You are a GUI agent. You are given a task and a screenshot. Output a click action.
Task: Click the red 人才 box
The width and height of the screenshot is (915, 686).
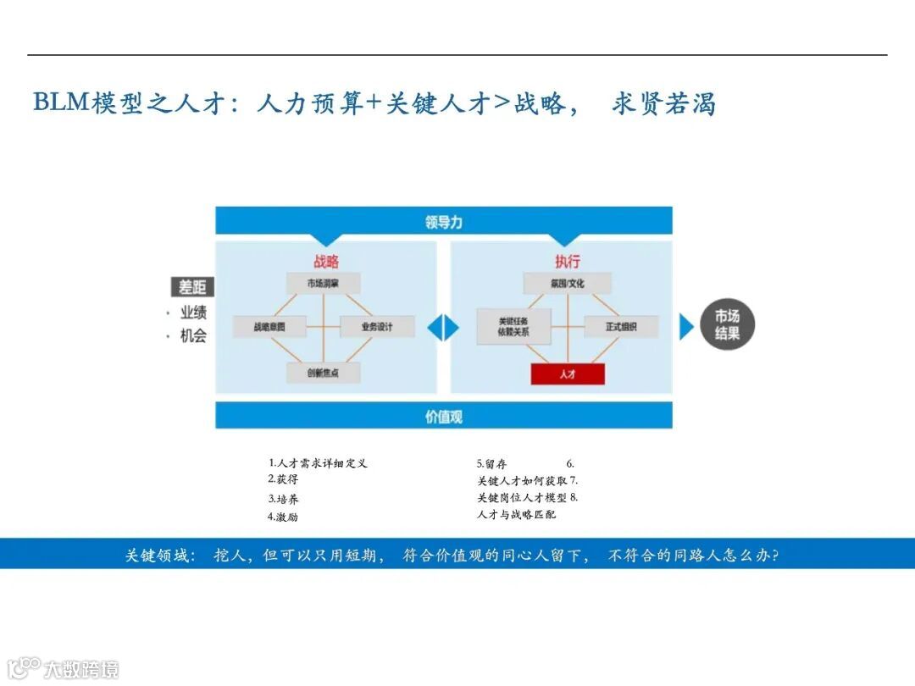click(568, 373)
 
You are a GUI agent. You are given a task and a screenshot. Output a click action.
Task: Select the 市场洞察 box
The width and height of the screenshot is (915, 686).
click(323, 283)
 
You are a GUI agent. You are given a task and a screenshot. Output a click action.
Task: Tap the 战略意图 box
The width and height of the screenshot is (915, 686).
click(269, 326)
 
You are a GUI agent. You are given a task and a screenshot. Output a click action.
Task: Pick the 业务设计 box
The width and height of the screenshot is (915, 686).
click(377, 326)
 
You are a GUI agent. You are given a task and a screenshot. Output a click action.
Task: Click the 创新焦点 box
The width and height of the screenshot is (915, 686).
click(323, 373)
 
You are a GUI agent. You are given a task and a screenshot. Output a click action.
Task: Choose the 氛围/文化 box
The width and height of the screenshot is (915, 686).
click(567, 283)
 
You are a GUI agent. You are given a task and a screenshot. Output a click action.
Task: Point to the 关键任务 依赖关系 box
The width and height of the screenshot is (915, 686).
click(513, 326)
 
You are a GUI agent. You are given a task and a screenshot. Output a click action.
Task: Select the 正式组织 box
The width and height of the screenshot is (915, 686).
click(621, 326)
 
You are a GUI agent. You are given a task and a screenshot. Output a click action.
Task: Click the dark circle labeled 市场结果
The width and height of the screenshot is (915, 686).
click(727, 325)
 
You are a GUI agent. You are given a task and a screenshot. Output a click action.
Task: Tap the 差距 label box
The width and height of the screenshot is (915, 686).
click(191, 287)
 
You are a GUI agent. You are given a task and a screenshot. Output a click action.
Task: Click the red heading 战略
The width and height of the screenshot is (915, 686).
click(326, 262)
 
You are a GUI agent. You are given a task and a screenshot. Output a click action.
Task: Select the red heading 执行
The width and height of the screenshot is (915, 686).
click(567, 262)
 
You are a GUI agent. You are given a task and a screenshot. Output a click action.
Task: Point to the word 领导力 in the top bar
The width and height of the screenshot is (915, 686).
click(444, 223)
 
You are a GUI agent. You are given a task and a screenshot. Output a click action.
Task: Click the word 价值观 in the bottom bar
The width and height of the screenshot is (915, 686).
click(444, 417)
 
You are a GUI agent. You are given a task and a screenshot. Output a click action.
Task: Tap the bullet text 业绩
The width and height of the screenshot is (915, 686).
click(193, 313)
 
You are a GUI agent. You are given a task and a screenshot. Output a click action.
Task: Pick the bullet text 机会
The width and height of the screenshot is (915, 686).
click(193, 335)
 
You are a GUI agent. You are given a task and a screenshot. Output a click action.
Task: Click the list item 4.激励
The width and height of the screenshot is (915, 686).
click(283, 517)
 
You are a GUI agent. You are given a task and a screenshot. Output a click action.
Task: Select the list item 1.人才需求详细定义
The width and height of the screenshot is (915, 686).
click(319, 463)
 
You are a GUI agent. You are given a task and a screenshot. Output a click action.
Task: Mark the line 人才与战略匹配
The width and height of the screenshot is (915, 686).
click(517, 514)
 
